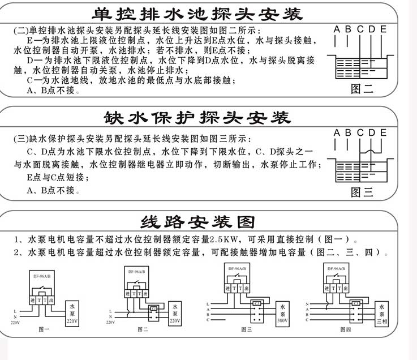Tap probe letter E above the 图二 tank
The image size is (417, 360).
pos(384,29)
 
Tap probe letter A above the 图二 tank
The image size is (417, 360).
pos(337,29)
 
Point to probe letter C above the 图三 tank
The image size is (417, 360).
pos(360,133)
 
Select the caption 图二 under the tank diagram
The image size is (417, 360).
pos(362,88)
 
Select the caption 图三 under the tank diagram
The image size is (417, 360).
pos(362,192)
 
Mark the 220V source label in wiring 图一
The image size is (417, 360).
pos(15,322)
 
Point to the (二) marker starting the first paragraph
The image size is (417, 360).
pos(20,30)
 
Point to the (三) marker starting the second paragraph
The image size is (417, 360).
pos(20,139)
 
